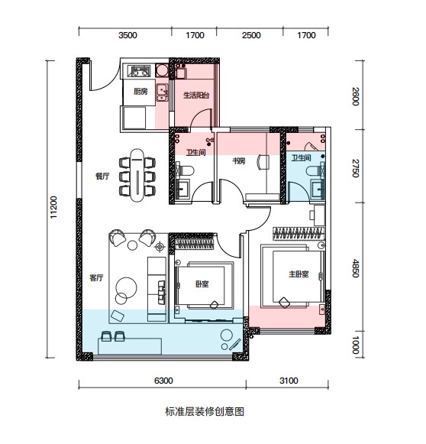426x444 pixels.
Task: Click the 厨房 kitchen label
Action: [140, 92]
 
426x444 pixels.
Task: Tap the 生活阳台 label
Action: [196, 95]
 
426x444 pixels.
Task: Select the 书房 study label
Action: [239, 161]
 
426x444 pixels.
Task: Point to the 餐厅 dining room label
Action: [102, 176]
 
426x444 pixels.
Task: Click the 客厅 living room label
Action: [96, 277]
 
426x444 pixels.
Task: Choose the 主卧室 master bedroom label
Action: [299, 274]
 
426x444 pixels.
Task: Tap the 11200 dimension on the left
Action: [53, 207]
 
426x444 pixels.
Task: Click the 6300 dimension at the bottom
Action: [163, 381]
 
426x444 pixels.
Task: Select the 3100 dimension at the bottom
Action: [289, 381]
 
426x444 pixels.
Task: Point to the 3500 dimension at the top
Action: [127, 35]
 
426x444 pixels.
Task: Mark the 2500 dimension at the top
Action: [251, 35]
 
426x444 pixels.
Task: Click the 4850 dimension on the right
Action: [356, 269]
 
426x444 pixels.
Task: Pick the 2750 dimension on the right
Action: [356, 168]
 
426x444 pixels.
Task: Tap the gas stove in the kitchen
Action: [139, 71]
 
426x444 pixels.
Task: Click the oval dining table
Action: [137, 175]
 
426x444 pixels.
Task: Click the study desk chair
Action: [263, 162]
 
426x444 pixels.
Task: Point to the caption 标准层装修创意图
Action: [205, 411]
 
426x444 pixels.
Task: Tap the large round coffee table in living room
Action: [127, 287]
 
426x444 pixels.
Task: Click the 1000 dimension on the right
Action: [356, 345]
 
